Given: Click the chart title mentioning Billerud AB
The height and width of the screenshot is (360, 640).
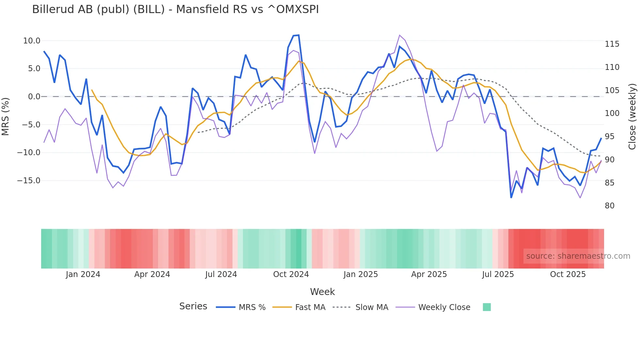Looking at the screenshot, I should (x=175, y=9).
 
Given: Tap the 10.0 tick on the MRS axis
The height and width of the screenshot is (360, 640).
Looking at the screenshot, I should (x=32, y=41).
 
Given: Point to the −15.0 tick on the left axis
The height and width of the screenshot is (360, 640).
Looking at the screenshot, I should (x=29, y=181).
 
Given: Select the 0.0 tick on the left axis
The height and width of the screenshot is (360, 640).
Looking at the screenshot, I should (x=34, y=97).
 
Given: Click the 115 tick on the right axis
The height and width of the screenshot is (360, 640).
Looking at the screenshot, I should (x=612, y=44).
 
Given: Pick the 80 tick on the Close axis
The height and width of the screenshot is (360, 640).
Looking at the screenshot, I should (x=610, y=206).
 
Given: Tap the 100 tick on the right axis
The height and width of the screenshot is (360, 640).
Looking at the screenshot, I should (x=612, y=113).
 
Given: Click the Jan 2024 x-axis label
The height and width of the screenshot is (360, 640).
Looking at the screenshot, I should (x=83, y=274).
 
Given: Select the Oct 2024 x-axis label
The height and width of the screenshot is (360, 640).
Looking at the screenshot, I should (x=291, y=274).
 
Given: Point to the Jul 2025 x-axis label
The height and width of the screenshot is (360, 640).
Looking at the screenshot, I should (x=498, y=274).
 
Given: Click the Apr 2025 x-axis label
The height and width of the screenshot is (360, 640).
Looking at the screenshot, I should (x=429, y=274).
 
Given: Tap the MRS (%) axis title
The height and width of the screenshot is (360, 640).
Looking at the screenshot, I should (x=6, y=117).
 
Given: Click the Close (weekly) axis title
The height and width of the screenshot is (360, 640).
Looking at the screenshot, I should (x=632, y=117).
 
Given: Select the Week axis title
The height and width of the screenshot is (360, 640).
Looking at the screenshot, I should (x=322, y=292).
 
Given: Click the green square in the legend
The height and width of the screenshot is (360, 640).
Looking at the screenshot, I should (x=487, y=307).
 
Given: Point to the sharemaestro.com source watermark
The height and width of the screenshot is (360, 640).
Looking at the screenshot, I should (x=578, y=256).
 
